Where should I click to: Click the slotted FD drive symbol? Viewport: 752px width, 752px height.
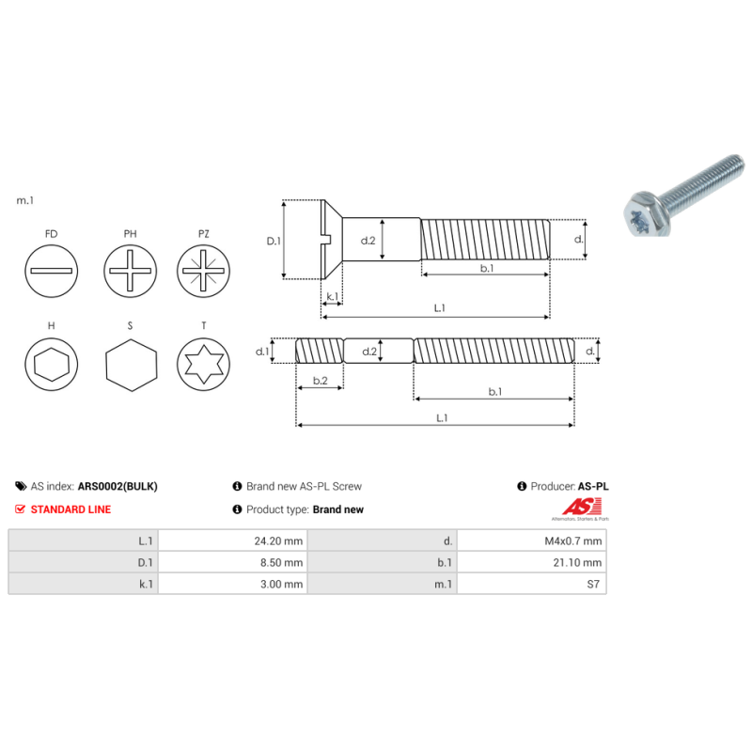51,271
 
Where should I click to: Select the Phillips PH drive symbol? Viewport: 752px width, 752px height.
129,271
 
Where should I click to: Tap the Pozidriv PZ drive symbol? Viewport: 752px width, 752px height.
204,271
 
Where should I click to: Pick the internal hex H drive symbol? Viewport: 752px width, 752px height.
51,366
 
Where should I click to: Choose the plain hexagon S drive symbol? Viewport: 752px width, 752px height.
129,366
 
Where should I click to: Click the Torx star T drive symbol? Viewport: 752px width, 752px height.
204,366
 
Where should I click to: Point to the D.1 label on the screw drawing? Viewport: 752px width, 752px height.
274,241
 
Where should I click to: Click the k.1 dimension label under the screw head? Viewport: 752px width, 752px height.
332,298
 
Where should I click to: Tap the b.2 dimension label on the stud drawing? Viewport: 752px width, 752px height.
320,381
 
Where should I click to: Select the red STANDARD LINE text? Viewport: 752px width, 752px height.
70,509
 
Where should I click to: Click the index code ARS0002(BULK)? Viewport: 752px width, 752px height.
117,487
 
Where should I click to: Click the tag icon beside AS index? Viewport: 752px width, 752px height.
21,487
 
